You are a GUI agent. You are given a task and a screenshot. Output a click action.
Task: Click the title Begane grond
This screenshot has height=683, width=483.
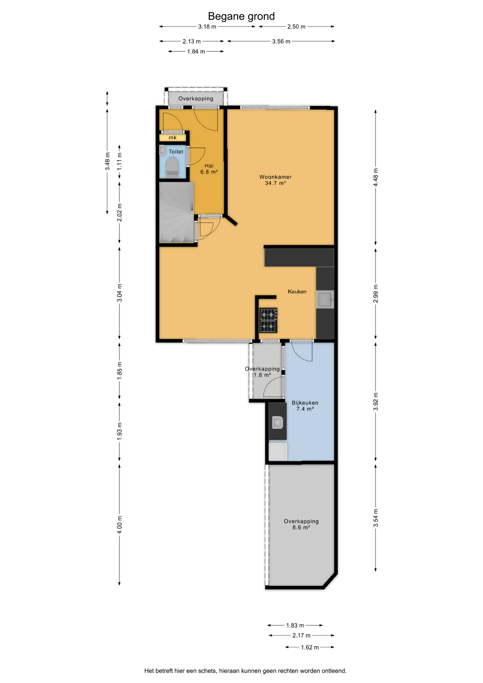pos(241,16)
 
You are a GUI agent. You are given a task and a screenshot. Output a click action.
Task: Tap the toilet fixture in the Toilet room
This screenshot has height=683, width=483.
pos(172,168)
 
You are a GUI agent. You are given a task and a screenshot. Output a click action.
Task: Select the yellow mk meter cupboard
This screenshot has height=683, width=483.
pos(172,138)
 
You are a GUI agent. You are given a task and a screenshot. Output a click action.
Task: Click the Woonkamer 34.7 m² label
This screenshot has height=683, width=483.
pos(275,180)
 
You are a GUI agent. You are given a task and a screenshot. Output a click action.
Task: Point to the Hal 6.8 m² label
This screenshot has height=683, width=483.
pos(209,169)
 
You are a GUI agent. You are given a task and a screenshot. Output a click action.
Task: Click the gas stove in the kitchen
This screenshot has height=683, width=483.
pos(269,320)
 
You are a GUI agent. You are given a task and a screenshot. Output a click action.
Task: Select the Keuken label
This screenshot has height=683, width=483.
pos(297,292)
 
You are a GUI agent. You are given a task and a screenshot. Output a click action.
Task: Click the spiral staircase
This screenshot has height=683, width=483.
pos(177,212)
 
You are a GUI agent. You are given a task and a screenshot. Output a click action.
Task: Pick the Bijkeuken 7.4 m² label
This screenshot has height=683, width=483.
pos(305,406)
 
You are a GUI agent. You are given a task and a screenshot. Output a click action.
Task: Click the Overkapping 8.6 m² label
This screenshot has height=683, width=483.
pos(301,524)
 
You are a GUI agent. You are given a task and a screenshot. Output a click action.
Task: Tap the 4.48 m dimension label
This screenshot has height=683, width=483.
pos(376,177)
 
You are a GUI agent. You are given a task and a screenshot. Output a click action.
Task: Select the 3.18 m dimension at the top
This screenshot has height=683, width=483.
pos(207,27)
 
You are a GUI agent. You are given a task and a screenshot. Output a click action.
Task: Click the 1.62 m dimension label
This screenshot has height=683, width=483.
pos(310,647)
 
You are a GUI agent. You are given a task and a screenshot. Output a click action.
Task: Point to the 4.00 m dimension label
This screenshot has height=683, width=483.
pos(120,525)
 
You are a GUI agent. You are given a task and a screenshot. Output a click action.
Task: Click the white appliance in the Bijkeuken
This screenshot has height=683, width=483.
pos(278,451)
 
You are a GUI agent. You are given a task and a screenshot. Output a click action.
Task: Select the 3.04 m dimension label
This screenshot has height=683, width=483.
pos(120,293)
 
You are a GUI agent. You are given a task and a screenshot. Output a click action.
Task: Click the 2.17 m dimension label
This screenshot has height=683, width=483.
pos(302,635)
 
